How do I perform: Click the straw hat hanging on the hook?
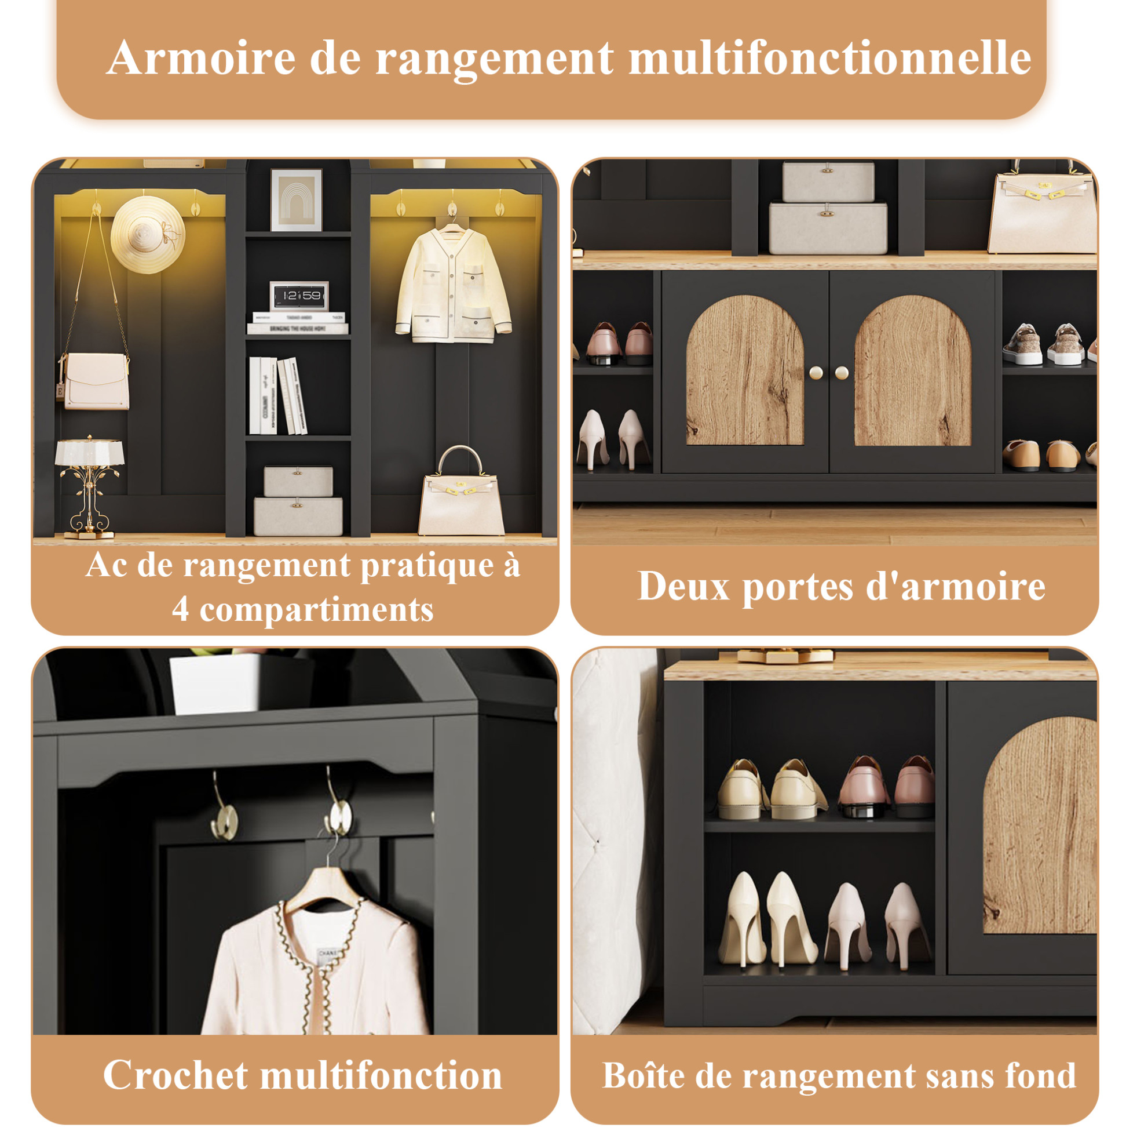click(148, 235)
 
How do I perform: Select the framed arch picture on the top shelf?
click(297, 200)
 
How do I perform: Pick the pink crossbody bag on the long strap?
click(95, 381)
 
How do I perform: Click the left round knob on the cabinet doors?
click(816, 372)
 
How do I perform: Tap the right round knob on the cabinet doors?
click(842, 372)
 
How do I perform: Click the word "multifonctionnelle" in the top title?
click(830, 58)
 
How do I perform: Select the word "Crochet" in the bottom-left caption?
click(176, 1075)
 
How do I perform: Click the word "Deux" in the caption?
click(683, 587)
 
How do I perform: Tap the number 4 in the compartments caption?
click(181, 610)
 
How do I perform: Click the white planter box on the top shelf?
click(214, 684)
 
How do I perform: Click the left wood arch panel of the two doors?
click(745, 370)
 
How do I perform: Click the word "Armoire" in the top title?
click(202, 58)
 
